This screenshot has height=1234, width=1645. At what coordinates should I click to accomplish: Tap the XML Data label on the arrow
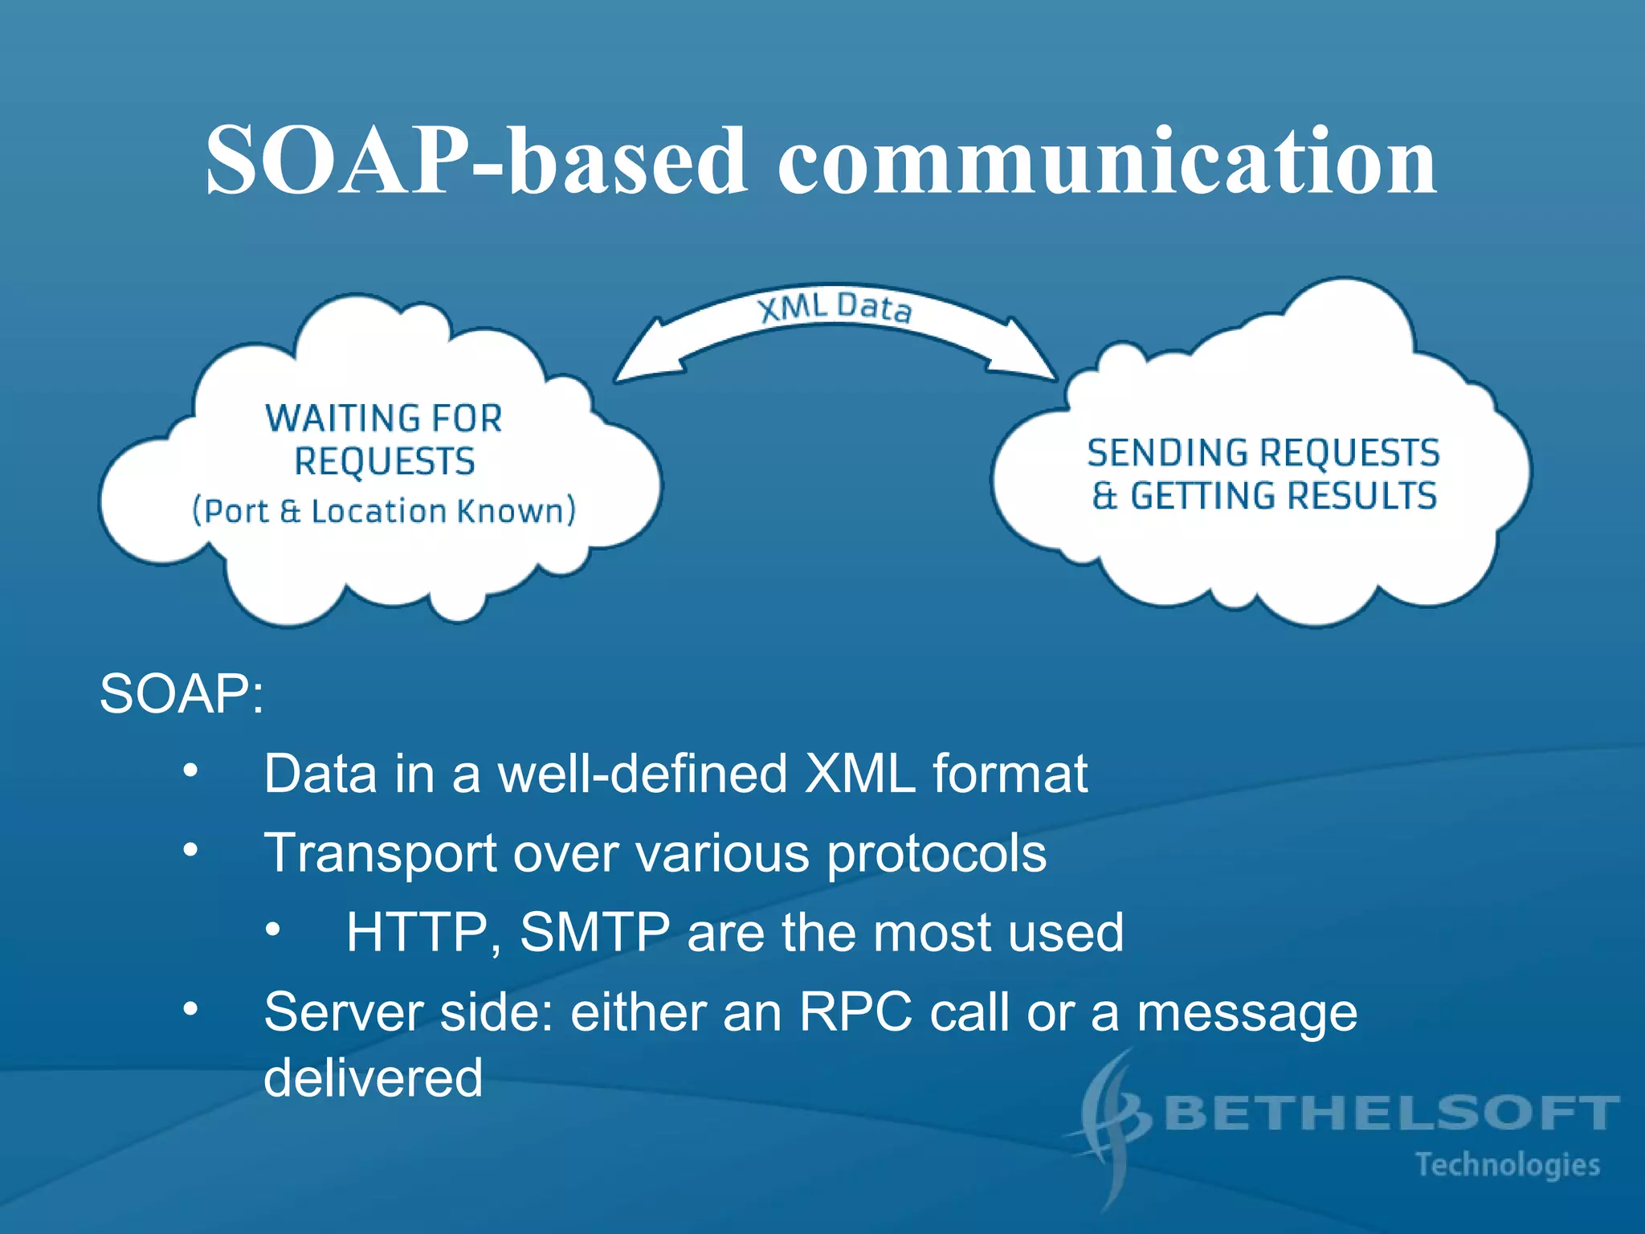coord(835,308)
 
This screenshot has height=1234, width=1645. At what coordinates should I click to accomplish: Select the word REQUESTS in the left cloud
coord(385,462)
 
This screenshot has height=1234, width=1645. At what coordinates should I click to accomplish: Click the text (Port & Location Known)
coord(385,511)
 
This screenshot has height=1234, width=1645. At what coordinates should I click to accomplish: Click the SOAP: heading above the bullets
coord(182,693)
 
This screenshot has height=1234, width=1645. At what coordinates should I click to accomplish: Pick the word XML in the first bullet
coord(859,774)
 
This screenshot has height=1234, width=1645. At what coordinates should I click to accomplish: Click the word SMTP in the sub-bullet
coord(594,933)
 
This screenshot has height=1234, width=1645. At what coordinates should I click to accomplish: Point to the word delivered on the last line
coord(373,1077)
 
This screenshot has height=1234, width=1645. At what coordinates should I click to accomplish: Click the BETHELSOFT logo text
coord(1390,1113)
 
